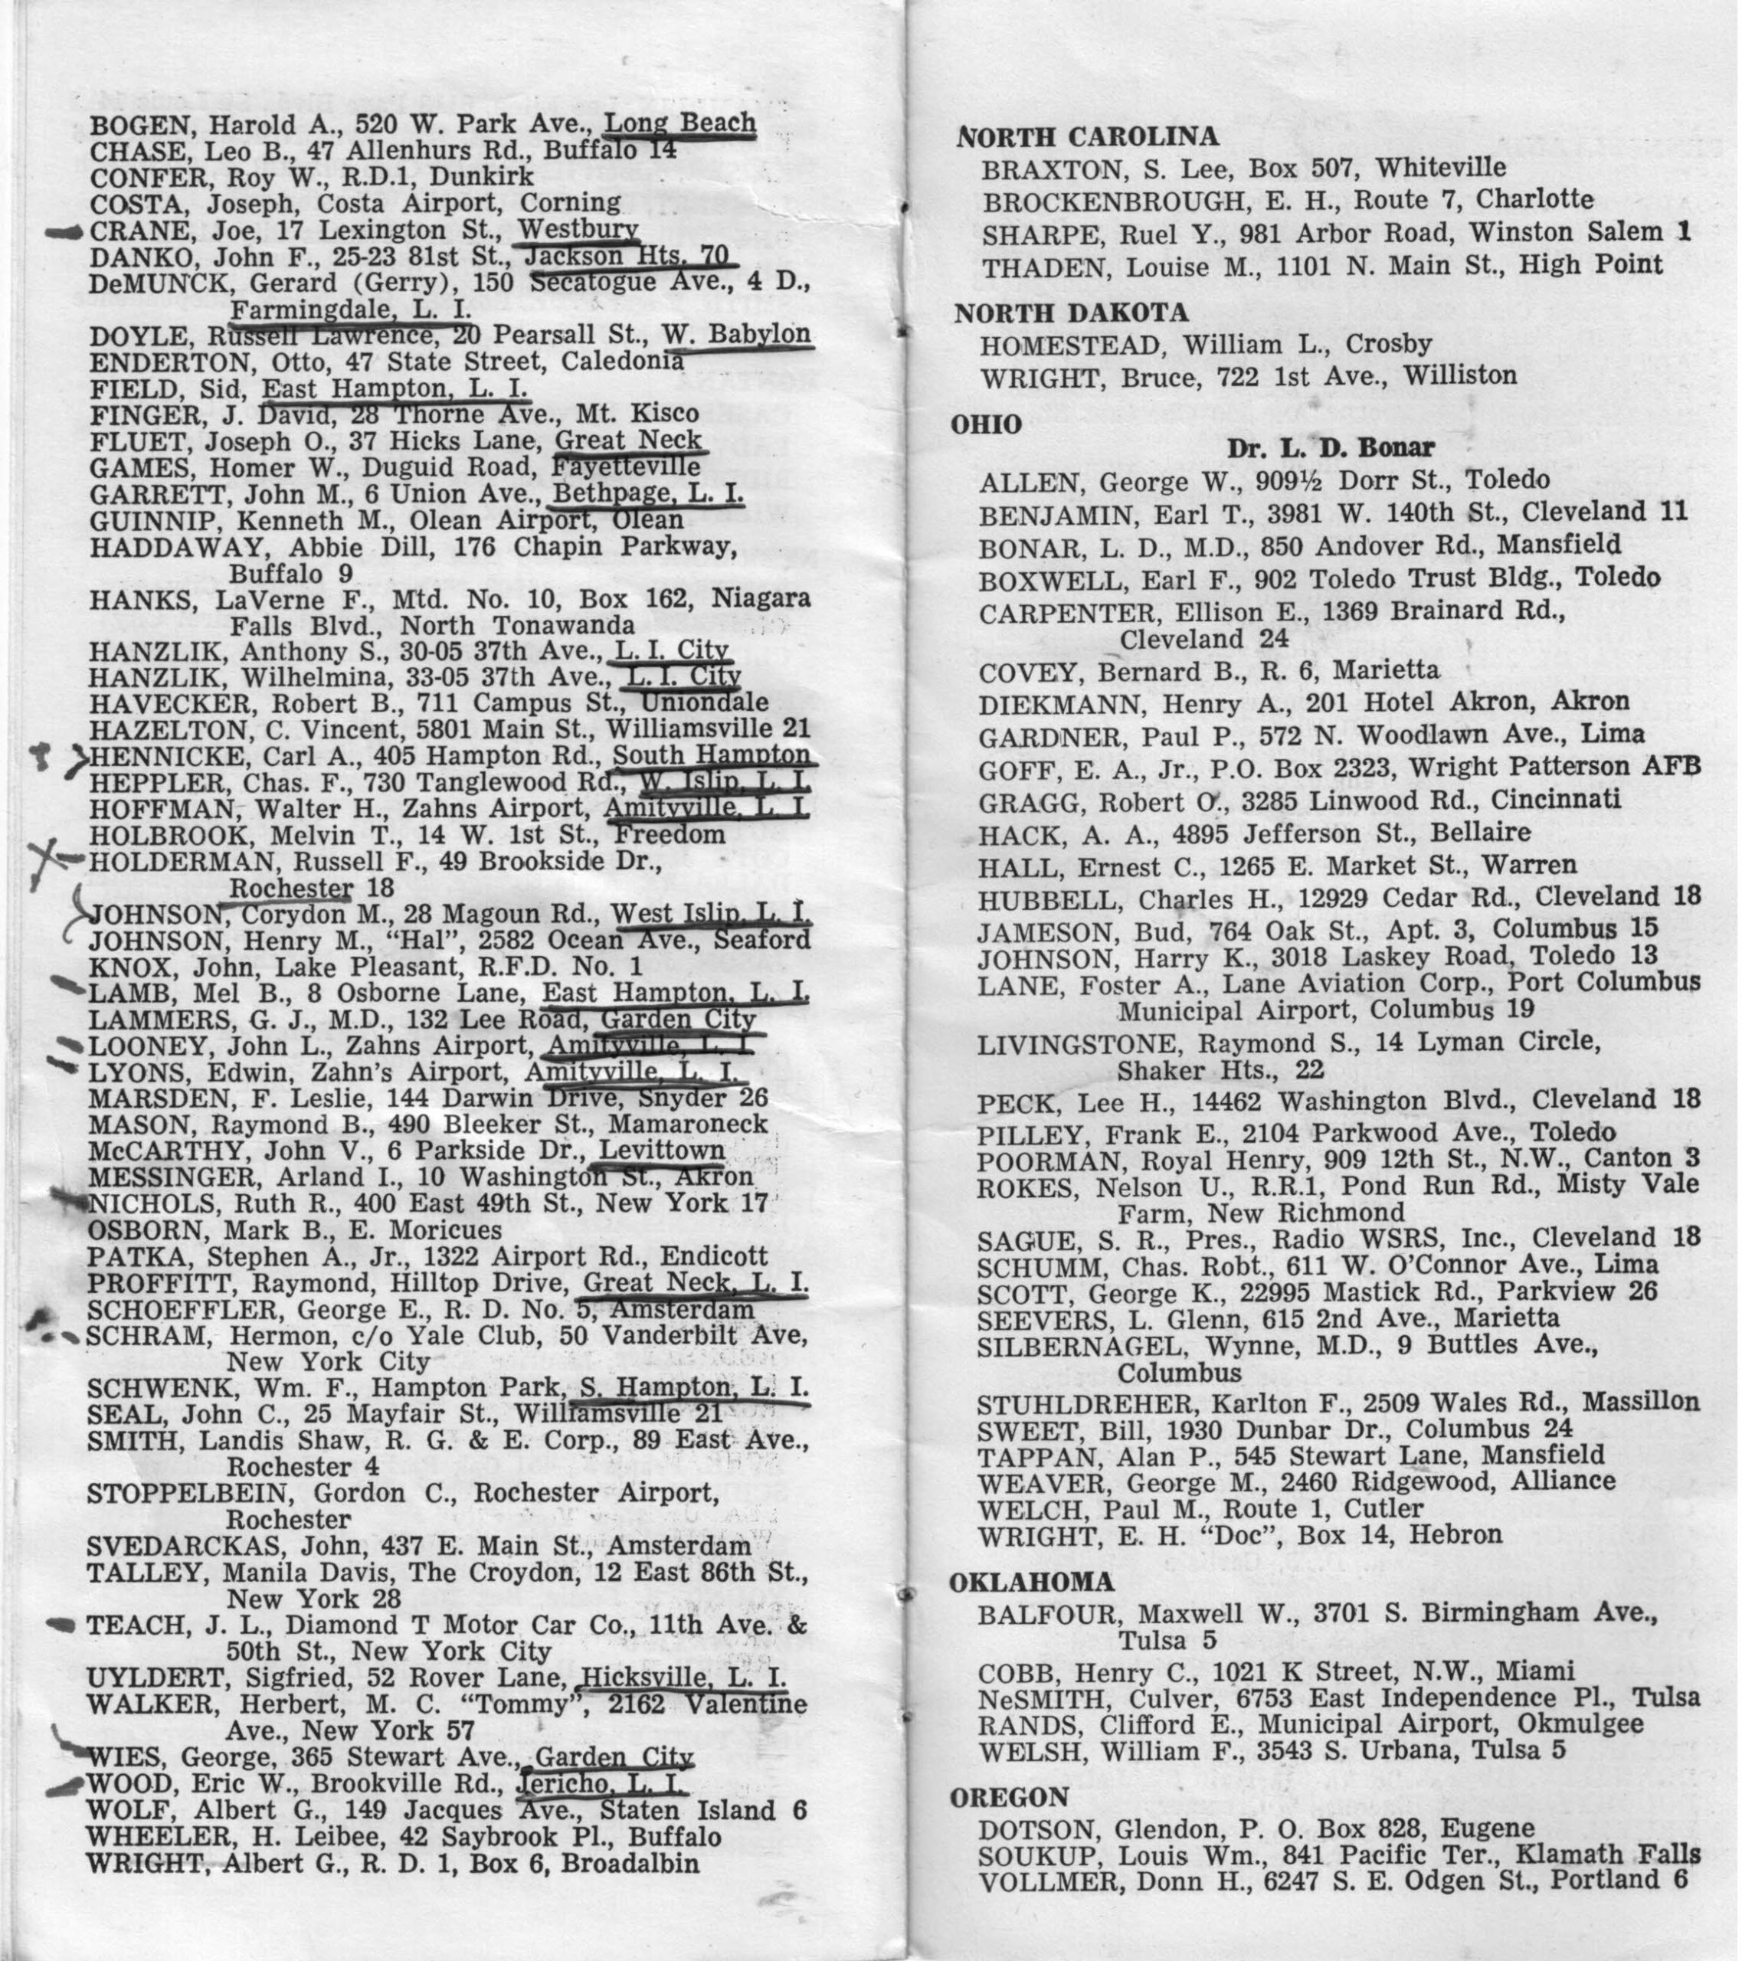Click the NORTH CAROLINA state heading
click(x=1088, y=137)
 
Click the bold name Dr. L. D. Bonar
click(x=1331, y=447)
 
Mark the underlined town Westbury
click(x=578, y=231)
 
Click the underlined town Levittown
click(x=662, y=1151)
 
